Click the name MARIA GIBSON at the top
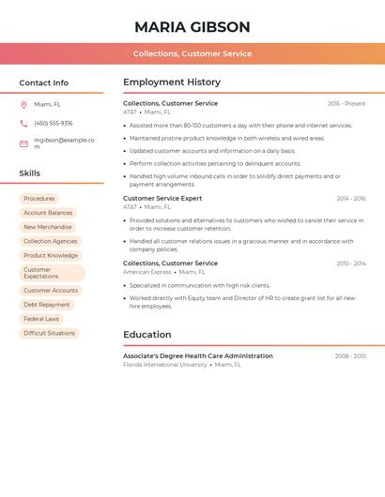tap(192, 27)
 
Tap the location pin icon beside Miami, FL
tap(23, 105)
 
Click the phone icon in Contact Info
tap(23, 124)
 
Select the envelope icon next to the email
tap(23, 143)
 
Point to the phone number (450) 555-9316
tap(53, 124)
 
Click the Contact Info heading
tap(44, 83)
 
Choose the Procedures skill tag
tap(39, 199)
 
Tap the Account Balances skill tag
tap(48, 213)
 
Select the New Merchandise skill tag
tap(48, 227)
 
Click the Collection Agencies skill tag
tap(51, 241)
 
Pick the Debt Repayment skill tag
tap(47, 305)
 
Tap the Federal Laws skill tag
tap(41, 319)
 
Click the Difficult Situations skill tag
tap(49, 333)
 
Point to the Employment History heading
tap(172, 83)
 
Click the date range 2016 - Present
tap(346, 104)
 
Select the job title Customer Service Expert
tap(162, 199)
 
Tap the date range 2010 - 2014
tap(351, 264)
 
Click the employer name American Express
tap(146, 272)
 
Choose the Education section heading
tap(147, 335)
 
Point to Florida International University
tap(165, 365)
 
